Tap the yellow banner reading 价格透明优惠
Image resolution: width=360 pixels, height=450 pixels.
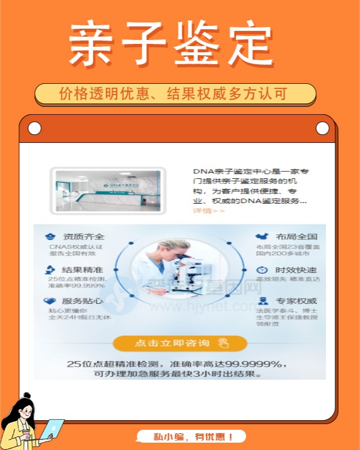175,94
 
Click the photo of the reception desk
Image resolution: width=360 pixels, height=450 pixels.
107,191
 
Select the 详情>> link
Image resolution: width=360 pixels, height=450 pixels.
209,210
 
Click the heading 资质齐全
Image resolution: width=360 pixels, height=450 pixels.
83,237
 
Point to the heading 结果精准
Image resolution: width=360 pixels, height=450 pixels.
82,270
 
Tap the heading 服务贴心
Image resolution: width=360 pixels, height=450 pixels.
82,301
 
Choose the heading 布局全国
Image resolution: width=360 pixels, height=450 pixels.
296,237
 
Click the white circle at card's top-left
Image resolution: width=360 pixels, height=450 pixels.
34,129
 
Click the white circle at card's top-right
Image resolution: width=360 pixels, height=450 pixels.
322,129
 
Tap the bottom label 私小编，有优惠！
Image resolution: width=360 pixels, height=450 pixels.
192,436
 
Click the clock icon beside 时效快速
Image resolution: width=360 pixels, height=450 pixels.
262,270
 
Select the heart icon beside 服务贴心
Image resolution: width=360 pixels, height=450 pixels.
50,301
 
